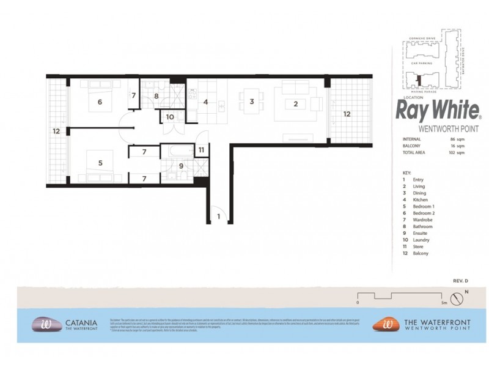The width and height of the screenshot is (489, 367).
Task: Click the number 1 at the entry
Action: (218, 216)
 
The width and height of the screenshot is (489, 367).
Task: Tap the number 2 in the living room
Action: (295, 104)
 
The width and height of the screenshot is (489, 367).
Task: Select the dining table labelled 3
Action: (251, 102)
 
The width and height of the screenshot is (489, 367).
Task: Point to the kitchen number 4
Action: (206, 102)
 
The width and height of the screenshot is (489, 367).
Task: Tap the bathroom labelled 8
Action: (156, 96)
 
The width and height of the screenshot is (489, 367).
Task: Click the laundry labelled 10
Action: (169, 116)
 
